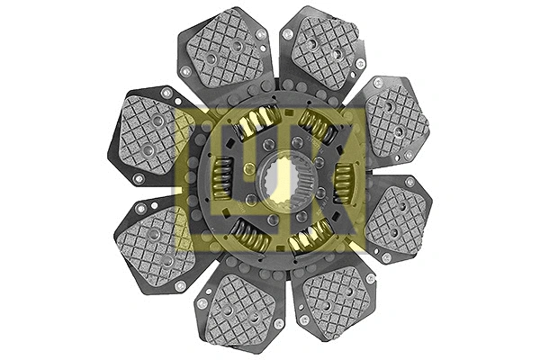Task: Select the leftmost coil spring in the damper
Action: (222, 178)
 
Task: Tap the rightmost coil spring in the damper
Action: (345, 181)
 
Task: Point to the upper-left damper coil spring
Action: (256, 122)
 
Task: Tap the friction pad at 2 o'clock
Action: (396, 119)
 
